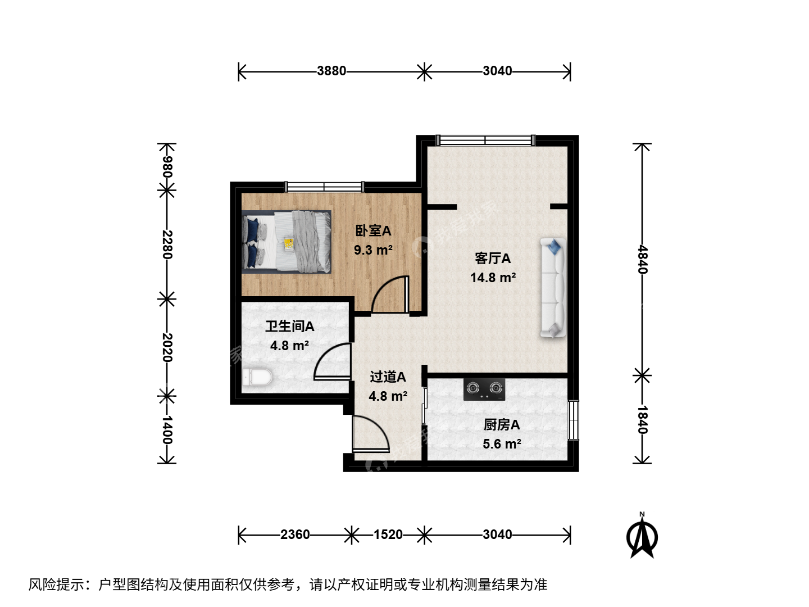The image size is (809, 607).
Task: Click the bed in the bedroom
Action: point(287,242)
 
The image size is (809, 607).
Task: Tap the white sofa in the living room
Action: point(553,288)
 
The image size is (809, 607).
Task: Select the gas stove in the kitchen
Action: point(484,389)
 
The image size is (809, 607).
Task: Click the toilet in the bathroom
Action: point(257,377)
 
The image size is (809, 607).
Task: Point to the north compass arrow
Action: point(642,535)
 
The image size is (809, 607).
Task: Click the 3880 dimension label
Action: point(331,71)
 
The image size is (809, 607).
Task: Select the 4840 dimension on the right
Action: point(642,260)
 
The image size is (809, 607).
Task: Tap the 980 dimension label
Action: point(167,166)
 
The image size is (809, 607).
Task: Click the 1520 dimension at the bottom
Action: point(388,534)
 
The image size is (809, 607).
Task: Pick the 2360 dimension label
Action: point(295,534)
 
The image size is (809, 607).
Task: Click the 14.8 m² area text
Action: point(493,278)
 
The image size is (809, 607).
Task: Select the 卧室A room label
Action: point(373,230)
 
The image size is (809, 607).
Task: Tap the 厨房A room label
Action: point(502,425)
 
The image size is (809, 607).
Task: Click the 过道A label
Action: point(388,377)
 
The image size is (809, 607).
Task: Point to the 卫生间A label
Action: point(290,326)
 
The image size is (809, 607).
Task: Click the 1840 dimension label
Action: point(642,420)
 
